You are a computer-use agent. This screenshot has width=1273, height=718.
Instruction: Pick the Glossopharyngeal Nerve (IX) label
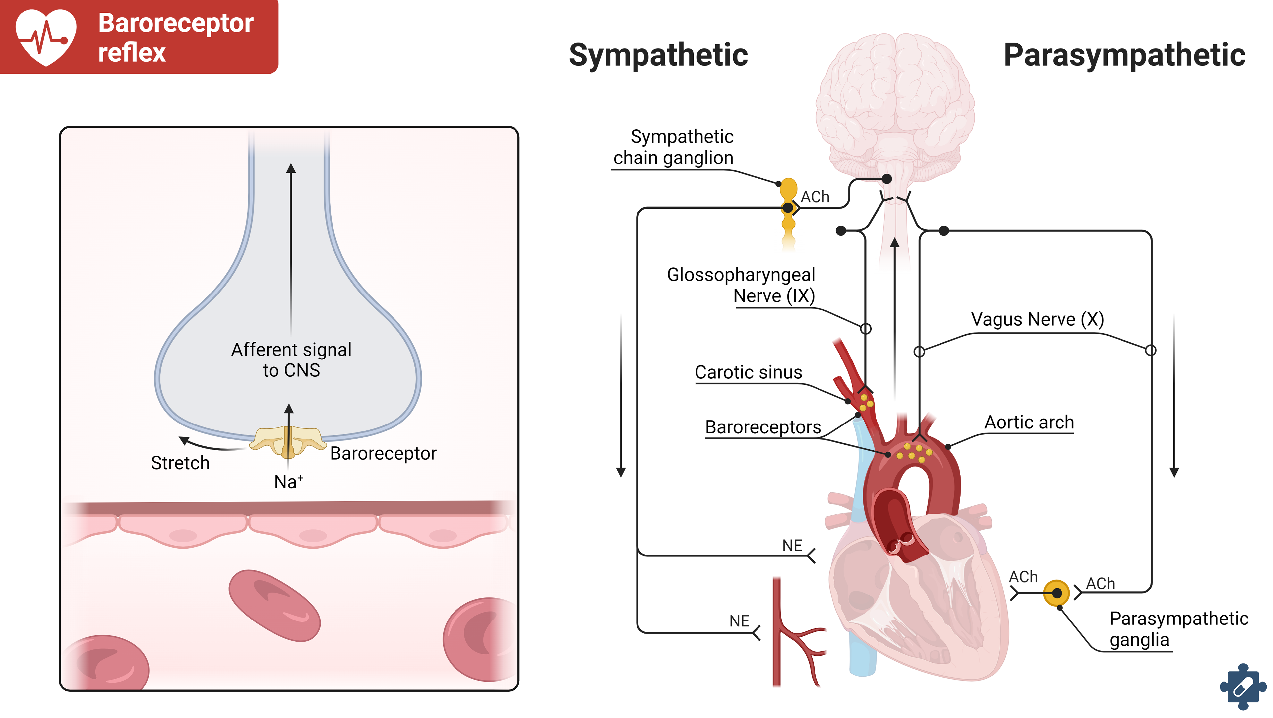click(x=741, y=285)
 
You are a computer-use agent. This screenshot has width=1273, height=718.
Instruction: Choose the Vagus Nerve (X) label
click(x=1037, y=319)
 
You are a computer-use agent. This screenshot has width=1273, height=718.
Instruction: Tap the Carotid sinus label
click(x=748, y=372)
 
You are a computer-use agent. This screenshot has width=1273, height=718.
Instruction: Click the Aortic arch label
click(x=1029, y=422)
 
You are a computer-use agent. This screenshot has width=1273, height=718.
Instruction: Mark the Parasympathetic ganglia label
click(x=1178, y=629)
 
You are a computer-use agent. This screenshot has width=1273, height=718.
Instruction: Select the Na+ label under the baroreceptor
click(x=289, y=482)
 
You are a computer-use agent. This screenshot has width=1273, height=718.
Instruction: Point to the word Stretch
click(x=180, y=463)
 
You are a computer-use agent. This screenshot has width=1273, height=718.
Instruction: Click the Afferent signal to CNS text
click(x=291, y=360)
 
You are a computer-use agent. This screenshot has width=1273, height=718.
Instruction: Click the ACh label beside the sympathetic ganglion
click(x=815, y=197)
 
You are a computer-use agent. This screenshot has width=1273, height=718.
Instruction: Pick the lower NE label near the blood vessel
click(x=739, y=621)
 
